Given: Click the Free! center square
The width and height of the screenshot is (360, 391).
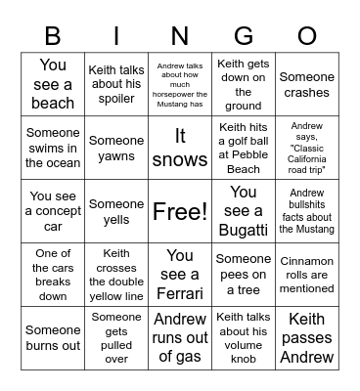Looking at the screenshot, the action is point(180,211).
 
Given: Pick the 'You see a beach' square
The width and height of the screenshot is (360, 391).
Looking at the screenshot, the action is point(53,84).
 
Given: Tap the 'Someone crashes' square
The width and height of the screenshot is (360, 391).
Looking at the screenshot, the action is point(306,84).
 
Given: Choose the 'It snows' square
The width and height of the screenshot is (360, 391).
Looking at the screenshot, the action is point(180,149).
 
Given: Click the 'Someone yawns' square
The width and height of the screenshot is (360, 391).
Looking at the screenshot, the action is point(116,149).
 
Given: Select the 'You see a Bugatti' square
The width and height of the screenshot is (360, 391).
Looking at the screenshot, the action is point(244,211).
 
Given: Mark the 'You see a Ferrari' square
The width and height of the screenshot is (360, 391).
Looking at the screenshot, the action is point(180,275).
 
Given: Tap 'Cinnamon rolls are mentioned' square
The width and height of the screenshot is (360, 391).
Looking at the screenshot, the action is point(306,275).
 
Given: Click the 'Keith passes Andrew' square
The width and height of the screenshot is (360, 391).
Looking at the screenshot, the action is point(306,338).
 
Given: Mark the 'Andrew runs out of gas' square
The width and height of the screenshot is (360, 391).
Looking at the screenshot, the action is point(180,338).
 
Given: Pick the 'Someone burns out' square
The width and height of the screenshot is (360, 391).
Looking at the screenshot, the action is point(53,338).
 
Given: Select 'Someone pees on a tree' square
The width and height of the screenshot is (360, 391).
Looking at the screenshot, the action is point(244,275).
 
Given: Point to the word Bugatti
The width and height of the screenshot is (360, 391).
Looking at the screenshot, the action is point(244,231).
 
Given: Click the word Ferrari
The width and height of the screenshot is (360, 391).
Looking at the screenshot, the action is point(180,293).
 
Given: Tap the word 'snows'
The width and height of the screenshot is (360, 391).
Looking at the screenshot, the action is point(180,160).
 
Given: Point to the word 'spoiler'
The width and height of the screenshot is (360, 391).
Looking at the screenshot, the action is point(116,99).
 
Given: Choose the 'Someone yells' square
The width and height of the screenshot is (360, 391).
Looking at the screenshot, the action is point(116,211).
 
